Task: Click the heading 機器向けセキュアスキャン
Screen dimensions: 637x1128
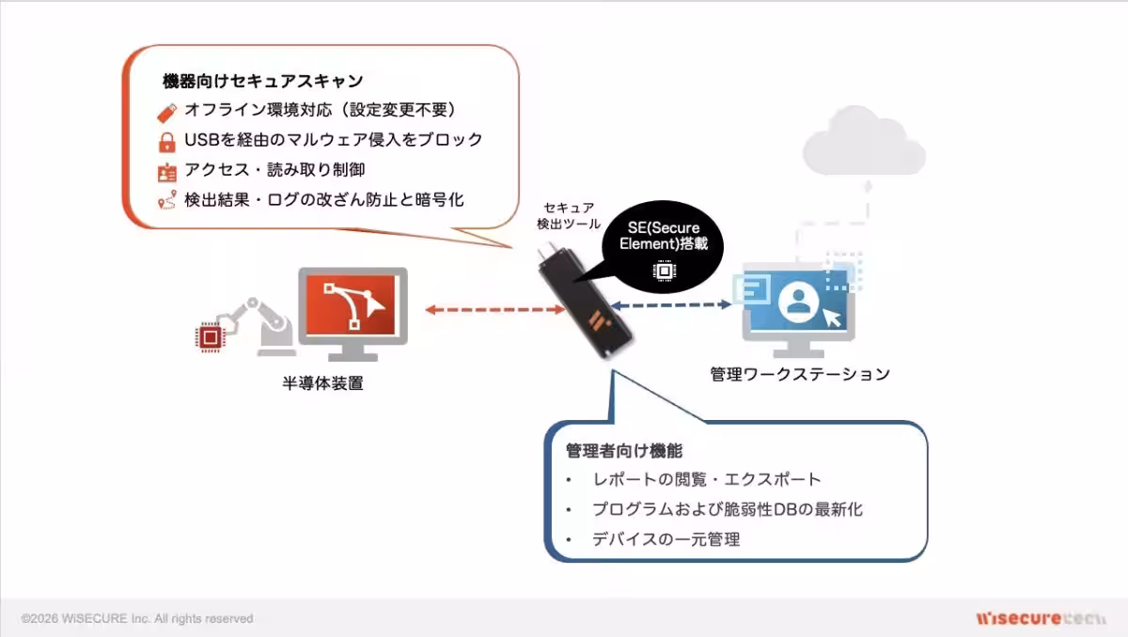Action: pos(263,82)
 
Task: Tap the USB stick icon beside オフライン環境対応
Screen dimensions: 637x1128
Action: pos(166,111)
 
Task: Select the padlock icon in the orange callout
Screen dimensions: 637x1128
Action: pos(166,142)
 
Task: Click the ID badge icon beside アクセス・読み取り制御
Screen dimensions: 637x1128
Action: pos(166,172)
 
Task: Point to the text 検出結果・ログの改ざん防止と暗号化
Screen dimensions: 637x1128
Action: pos(323,200)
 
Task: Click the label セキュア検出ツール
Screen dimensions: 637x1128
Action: pos(569,216)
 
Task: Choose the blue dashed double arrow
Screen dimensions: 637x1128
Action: pos(668,304)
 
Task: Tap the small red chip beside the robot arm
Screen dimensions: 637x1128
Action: pos(208,335)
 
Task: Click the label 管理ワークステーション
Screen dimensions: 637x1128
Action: pos(799,374)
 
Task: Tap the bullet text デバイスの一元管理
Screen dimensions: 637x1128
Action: pos(666,539)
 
